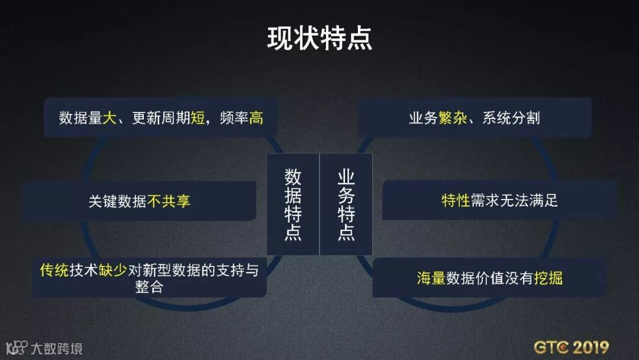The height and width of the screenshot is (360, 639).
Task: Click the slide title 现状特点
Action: click(x=319, y=38)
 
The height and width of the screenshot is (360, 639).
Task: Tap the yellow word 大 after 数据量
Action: click(x=110, y=118)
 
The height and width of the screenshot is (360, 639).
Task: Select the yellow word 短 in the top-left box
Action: click(x=198, y=118)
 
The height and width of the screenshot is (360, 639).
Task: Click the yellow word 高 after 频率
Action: click(x=256, y=118)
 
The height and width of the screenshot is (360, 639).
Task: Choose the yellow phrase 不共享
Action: click(x=169, y=201)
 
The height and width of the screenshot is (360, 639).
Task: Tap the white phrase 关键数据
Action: click(x=118, y=201)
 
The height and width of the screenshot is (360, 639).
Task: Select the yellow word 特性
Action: click(x=456, y=201)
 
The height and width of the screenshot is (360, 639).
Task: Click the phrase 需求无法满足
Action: click(x=514, y=201)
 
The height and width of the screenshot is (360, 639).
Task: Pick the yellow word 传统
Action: click(x=54, y=271)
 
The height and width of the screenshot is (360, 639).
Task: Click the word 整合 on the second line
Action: click(x=149, y=287)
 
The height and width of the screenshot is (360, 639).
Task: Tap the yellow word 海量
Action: click(x=431, y=278)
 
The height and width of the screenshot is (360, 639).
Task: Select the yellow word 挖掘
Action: click(x=548, y=278)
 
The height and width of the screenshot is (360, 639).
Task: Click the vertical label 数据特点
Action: click(x=293, y=204)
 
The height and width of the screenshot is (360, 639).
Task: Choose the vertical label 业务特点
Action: click(x=346, y=204)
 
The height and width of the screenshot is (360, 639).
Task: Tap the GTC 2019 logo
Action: click(x=571, y=347)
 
